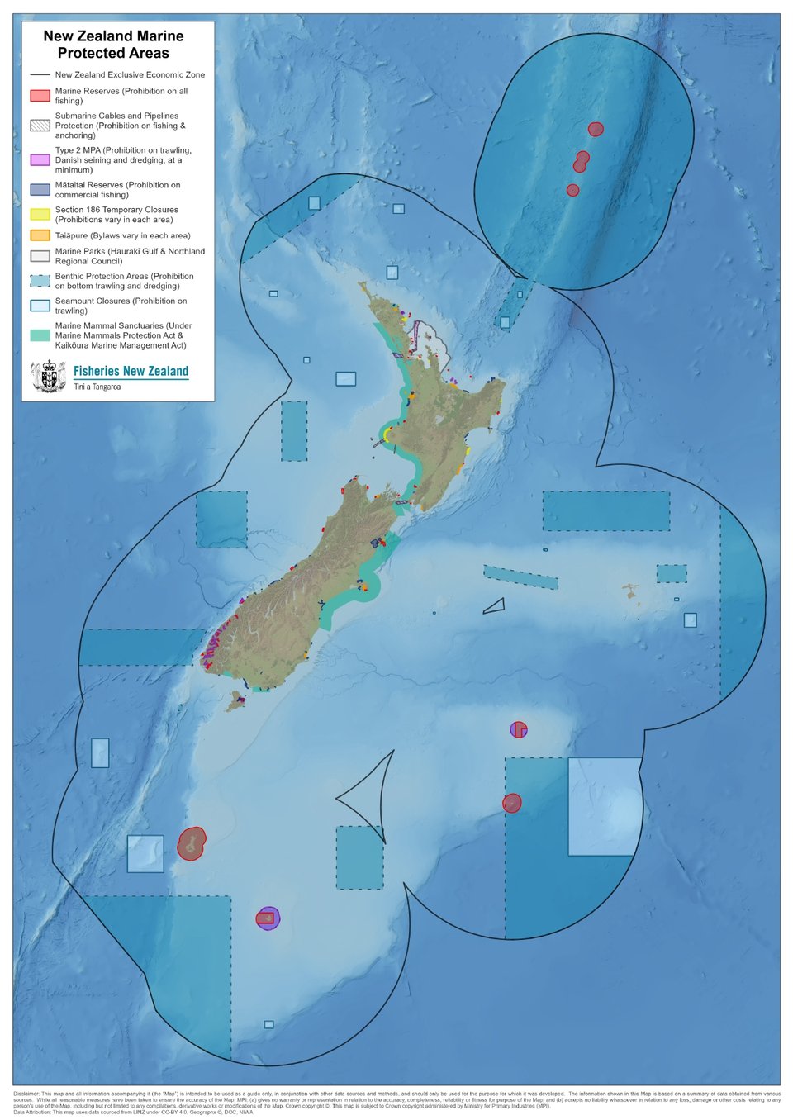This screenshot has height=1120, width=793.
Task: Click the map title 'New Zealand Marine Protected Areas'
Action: (113, 45)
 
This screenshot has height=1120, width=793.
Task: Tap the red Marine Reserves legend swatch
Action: (40, 96)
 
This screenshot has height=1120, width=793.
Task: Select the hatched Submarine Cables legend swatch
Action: (40, 126)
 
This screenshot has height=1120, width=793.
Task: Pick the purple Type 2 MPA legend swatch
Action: (40, 159)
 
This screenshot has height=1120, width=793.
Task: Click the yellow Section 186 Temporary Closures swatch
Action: (40, 215)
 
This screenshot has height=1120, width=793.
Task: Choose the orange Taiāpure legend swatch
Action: (40, 235)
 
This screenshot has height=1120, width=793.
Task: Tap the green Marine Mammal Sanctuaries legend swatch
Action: (40, 335)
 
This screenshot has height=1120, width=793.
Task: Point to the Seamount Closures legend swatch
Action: (40, 306)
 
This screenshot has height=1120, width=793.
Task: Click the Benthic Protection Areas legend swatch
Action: (40, 281)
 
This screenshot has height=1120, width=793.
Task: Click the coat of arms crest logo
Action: (48, 377)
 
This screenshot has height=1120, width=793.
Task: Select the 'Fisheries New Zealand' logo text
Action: (131, 372)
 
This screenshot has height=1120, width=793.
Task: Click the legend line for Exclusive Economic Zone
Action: (40, 74)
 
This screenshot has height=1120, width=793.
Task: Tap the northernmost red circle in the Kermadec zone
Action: (596, 129)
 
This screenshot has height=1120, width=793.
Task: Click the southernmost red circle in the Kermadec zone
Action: (572, 190)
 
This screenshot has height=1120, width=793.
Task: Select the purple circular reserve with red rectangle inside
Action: (268, 918)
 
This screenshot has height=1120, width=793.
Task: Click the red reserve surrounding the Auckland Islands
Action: (191, 844)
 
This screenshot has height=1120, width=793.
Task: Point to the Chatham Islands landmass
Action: (631, 591)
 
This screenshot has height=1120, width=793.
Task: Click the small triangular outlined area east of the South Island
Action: (495, 607)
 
